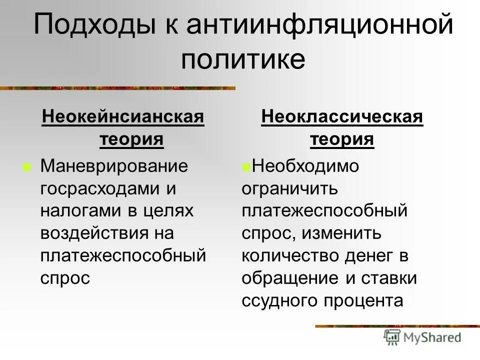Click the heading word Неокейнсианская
point(123,118)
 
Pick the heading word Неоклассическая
point(342,118)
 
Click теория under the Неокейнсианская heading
point(131,139)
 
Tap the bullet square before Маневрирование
point(26,166)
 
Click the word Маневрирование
point(114,166)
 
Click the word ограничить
point(290,188)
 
